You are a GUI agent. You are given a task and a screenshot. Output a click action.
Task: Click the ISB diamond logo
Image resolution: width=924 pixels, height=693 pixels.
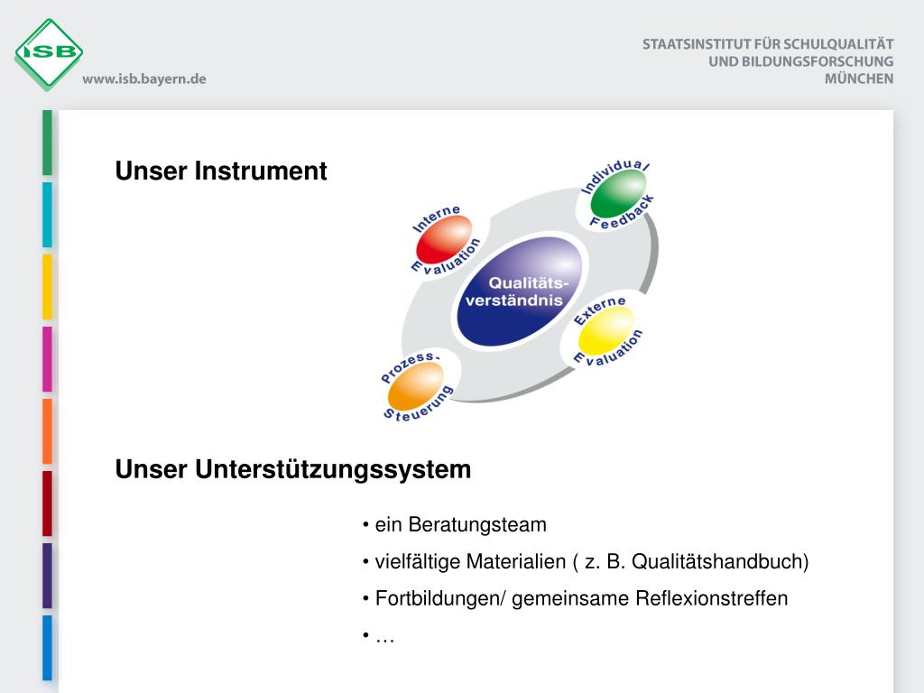click(49, 52)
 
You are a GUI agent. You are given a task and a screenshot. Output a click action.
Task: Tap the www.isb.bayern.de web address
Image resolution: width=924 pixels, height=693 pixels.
click(144, 79)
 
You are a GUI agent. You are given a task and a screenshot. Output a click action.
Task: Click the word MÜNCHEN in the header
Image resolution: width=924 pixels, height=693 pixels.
click(858, 79)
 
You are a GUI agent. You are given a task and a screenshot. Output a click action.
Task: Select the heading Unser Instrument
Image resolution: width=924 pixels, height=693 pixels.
click(221, 171)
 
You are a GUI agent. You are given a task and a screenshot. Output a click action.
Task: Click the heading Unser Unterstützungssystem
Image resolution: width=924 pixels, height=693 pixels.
click(293, 470)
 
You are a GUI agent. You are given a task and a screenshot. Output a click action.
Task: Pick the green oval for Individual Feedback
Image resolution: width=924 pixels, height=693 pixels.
click(618, 193)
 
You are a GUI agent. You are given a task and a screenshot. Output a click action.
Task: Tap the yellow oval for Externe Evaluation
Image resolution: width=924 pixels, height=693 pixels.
click(606, 332)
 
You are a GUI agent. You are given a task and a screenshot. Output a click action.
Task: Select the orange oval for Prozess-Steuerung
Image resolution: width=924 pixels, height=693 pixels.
click(416, 384)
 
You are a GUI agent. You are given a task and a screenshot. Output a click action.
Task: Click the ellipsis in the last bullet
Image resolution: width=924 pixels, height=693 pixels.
click(385, 637)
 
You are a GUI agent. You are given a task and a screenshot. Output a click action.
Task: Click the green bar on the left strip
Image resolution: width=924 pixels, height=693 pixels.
click(47, 143)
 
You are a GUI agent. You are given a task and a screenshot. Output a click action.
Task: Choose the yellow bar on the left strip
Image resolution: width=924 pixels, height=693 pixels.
click(47, 287)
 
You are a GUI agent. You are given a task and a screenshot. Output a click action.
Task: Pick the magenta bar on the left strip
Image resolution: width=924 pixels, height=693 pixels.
click(47, 359)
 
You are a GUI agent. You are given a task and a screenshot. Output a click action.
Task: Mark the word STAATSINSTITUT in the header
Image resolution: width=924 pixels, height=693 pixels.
click(699, 43)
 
